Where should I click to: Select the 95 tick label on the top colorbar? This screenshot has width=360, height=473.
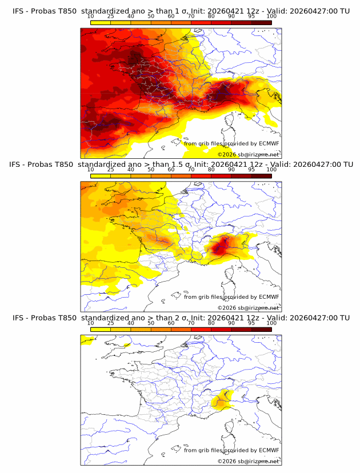point(251,16)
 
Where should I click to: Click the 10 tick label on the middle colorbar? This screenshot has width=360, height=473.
point(90,170)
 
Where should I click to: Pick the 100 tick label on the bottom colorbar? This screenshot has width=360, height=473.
point(271,323)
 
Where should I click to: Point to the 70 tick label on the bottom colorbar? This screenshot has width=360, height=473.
point(191,323)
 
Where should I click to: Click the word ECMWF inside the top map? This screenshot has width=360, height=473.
point(269,143)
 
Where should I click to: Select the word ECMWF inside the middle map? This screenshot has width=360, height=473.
point(269,297)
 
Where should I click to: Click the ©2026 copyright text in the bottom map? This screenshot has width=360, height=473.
point(227,462)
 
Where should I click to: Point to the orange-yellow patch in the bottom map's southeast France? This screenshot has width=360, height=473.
point(220,402)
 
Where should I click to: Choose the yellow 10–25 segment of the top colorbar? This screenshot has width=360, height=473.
point(101,22)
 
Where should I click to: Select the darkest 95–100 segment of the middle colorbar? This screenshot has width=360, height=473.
point(262,176)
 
